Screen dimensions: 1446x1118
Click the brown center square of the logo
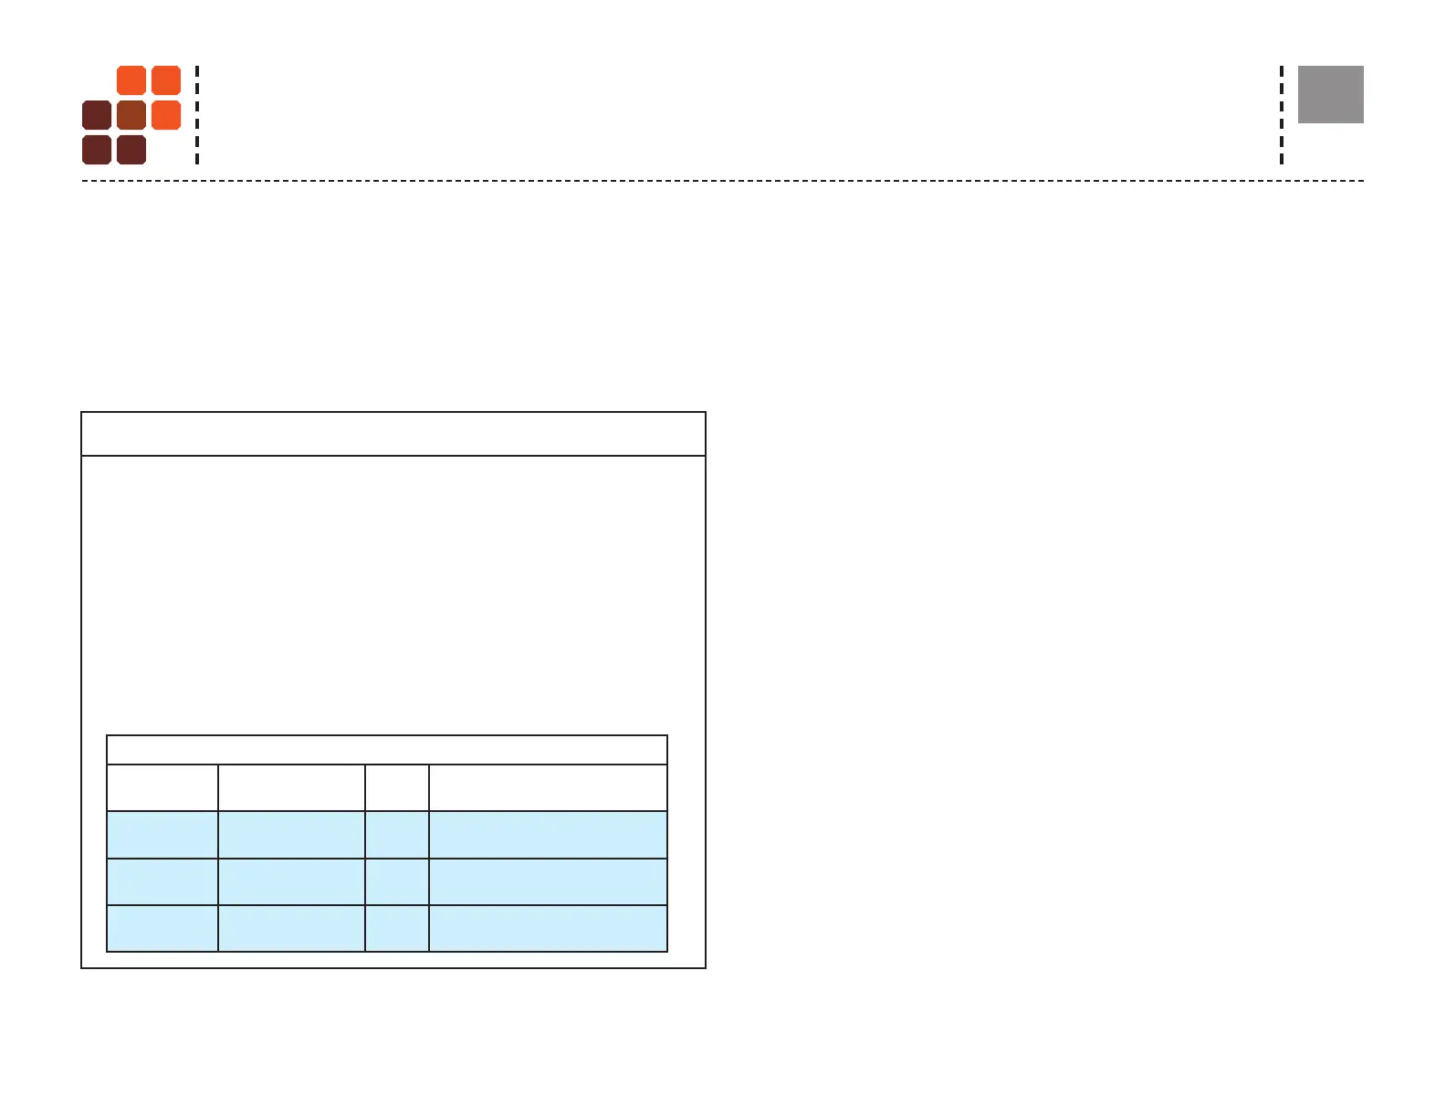coord(131,115)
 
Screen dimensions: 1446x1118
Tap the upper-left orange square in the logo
coord(131,80)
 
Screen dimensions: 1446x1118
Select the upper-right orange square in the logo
coord(166,80)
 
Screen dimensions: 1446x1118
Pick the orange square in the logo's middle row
coord(166,115)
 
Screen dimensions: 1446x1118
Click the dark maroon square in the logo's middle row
coord(97,115)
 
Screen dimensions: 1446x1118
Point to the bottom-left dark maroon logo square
coord(97,150)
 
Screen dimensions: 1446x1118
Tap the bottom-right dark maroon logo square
coord(131,150)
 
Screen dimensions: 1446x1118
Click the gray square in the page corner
coord(1331,94)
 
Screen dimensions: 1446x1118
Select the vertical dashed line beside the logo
coord(197,115)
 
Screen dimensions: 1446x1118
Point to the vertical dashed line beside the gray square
coord(1282,115)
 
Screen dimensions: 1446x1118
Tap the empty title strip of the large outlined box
coord(393,434)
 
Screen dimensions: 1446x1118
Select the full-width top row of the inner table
coord(387,750)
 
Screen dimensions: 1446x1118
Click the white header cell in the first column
coord(162,787)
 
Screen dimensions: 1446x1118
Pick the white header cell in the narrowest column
coord(397,787)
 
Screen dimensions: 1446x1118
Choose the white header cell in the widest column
coord(548,787)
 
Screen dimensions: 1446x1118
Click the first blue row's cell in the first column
coord(162,835)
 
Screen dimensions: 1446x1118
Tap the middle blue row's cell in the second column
coord(291,881)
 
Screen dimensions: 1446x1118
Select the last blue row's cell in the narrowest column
coord(397,928)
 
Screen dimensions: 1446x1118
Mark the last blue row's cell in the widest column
coord(548,928)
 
